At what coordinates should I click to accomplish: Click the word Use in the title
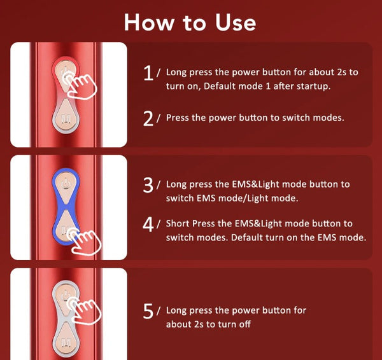coord(236,22)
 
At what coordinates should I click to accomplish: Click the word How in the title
coord(150,22)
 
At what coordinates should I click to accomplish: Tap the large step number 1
coord(148,73)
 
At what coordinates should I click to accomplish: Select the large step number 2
coord(148,118)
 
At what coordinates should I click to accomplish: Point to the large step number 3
coord(148,185)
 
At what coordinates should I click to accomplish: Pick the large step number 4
coord(148,225)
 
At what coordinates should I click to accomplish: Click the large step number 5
coord(148,311)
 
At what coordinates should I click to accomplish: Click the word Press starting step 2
coord(177,118)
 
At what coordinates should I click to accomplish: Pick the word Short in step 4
coord(178,223)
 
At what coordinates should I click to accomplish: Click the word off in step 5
coord(245,324)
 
